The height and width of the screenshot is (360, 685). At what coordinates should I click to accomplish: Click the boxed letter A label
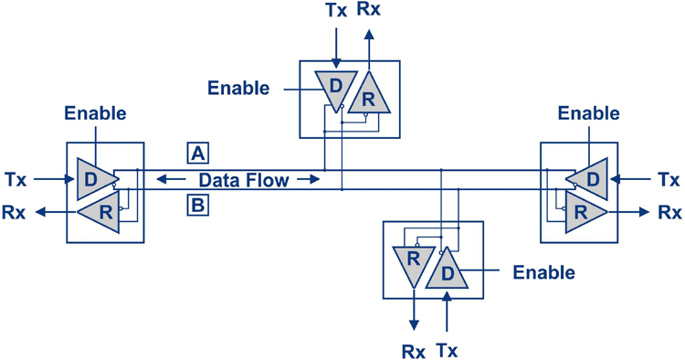click(197, 153)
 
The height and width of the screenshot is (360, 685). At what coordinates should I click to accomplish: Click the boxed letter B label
click(197, 206)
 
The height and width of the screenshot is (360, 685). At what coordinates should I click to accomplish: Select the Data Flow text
click(244, 180)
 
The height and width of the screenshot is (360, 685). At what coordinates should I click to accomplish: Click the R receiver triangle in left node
click(103, 212)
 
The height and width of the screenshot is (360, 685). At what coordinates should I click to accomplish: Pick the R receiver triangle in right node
click(581, 212)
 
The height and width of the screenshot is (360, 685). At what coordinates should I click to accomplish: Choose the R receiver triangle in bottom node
click(414, 260)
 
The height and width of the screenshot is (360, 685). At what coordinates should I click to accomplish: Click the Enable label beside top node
click(238, 89)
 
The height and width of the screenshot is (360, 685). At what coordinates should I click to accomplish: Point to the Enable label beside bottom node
click(544, 272)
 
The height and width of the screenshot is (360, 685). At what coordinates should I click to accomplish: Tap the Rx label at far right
click(669, 213)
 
